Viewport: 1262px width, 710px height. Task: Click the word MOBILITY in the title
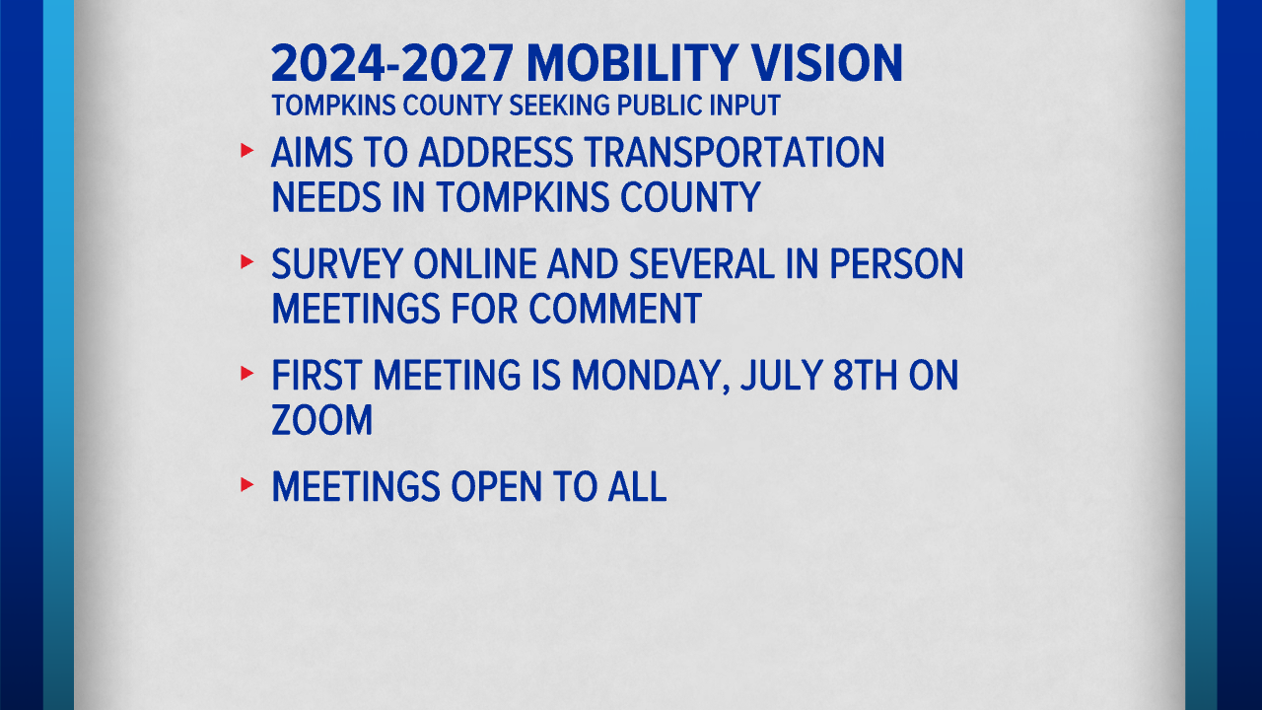pos(632,63)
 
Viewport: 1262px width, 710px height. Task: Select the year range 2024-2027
pos(392,63)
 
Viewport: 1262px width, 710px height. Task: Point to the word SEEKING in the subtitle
pos(559,106)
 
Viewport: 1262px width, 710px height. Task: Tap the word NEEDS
pos(326,197)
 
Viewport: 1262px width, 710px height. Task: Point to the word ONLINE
pos(475,263)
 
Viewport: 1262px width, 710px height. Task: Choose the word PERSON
pos(896,263)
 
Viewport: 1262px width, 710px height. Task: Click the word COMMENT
pos(614,309)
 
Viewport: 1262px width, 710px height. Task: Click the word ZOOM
pos(322,420)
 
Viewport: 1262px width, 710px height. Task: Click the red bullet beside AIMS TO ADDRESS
pos(246,151)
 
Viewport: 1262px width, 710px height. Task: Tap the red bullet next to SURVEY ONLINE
pos(246,261)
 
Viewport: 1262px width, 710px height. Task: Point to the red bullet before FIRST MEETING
pos(246,373)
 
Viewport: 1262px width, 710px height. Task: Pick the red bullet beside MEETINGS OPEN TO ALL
pos(246,484)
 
